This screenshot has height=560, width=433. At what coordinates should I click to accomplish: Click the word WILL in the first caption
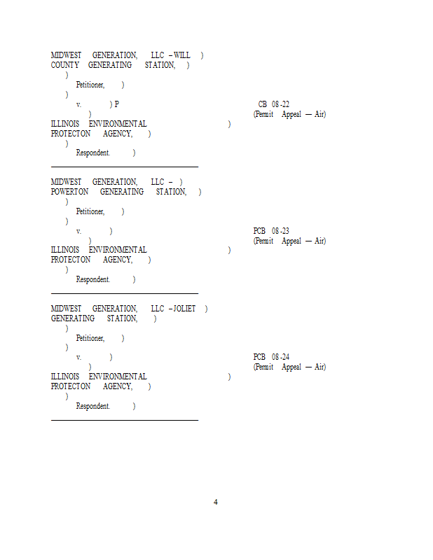tap(182, 55)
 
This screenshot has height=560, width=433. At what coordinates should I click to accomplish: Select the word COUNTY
tap(64, 65)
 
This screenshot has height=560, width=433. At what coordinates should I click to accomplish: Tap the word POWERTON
tap(69, 192)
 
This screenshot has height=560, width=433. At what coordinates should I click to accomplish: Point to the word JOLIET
tap(185, 309)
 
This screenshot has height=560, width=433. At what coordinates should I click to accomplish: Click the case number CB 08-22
tap(273, 104)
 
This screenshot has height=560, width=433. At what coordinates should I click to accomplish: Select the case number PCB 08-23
tap(271, 231)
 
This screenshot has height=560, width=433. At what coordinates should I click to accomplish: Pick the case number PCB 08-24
tap(271, 357)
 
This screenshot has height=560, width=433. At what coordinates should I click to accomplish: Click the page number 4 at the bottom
tap(216, 502)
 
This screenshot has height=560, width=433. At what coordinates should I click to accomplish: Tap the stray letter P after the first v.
tap(116, 104)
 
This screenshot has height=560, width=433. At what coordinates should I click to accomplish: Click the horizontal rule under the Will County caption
tap(125, 167)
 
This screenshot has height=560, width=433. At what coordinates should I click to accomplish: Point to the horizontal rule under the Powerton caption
tap(125, 294)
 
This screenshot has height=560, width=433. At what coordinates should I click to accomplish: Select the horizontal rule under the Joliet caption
tap(125, 421)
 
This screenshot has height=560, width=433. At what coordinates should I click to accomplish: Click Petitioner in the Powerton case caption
tap(90, 211)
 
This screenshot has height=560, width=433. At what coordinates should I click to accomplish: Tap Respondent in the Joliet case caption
tap(93, 406)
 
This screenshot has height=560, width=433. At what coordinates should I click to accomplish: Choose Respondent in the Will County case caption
tap(93, 153)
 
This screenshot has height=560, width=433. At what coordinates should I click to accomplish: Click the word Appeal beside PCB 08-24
tap(291, 367)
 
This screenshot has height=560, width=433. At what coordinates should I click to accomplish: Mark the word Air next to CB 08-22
tap(319, 114)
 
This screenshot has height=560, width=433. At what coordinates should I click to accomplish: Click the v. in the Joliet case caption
tap(78, 357)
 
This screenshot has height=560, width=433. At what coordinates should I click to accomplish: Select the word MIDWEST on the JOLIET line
tap(66, 309)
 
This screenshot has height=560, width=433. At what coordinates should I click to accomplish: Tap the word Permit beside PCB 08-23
tap(264, 241)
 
